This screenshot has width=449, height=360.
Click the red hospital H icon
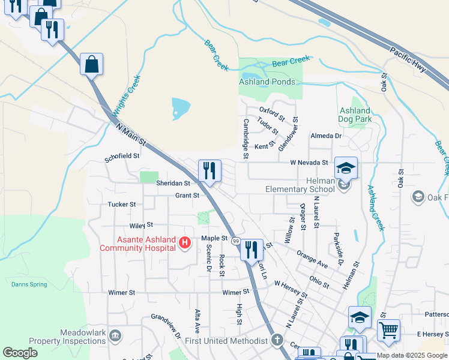tap(185, 243)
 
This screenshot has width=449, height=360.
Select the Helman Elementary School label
tap(300, 190)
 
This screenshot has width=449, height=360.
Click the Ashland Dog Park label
tap(355, 115)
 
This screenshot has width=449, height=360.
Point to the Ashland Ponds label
tap(267, 82)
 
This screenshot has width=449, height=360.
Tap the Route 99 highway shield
tap(236, 241)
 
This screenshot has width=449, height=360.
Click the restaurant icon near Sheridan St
tap(209, 170)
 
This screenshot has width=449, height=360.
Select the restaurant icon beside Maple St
tap(252, 248)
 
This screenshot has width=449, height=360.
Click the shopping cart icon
tap(388, 329)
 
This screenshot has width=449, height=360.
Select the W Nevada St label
tap(309, 163)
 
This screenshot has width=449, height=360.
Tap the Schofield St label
tap(122, 155)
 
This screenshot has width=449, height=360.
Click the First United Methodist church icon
tap(277, 340)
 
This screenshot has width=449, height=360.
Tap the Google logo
tap(20, 353)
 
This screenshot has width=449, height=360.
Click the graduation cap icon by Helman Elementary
tap(346, 167)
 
